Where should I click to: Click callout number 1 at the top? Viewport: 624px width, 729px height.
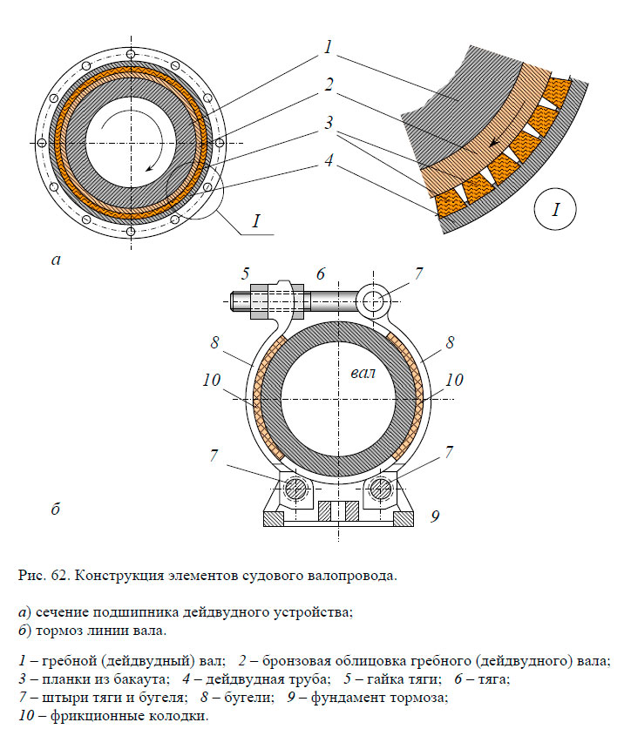[328, 48]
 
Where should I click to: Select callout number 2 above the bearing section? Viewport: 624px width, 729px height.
[328, 85]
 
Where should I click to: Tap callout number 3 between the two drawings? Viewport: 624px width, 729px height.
[328, 123]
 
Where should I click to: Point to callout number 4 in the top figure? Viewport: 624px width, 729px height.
[328, 160]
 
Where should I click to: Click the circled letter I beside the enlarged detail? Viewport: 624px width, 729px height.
[556, 210]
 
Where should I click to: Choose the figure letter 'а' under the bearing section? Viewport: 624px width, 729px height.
[57, 259]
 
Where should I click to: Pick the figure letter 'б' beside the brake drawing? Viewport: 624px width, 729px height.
[55, 509]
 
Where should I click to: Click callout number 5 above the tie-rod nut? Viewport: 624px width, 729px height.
[246, 273]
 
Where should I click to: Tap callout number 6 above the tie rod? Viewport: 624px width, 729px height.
[321, 273]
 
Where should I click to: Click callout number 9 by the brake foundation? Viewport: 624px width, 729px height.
[434, 516]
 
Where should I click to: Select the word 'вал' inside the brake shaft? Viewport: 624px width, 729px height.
[362, 374]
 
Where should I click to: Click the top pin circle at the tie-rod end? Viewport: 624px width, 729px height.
[374, 301]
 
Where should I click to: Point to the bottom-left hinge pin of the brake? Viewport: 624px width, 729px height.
[295, 489]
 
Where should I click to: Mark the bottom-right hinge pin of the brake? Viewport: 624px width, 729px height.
[380, 489]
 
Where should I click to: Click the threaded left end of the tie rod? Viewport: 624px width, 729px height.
[241, 301]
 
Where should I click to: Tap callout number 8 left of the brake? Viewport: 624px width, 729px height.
[214, 342]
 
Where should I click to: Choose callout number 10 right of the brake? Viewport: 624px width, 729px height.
[454, 381]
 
